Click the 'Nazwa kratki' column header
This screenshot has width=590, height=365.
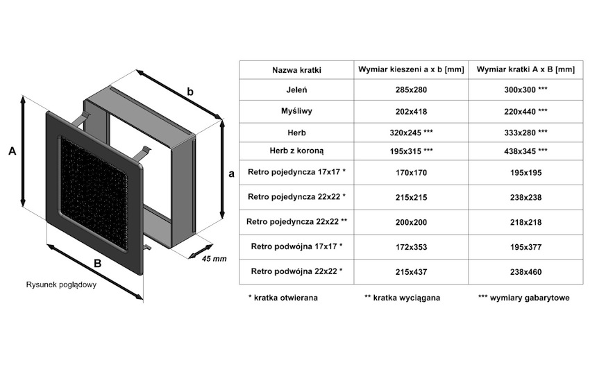(x=296, y=70)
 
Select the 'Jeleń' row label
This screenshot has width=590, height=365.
(x=296, y=90)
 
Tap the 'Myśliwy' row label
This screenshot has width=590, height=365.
(x=296, y=111)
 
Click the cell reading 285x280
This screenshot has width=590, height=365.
(x=411, y=90)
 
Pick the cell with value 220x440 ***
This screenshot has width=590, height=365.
(x=525, y=111)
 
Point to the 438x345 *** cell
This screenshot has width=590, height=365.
(x=525, y=151)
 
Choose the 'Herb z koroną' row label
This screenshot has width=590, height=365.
(x=296, y=151)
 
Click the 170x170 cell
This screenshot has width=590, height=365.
(x=411, y=172)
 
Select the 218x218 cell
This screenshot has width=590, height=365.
(x=525, y=222)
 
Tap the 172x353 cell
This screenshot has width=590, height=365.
(x=411, y=246)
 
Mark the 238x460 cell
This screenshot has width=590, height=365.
(x=525, y=271)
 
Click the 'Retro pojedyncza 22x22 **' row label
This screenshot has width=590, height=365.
(x=296, y=222)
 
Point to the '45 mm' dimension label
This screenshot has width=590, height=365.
(x=214, y=259)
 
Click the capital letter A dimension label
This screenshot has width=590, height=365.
(x=12, y=151)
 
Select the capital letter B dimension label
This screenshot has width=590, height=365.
(x=98, y=263)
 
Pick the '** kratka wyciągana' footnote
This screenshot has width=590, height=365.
(x=402, y=298)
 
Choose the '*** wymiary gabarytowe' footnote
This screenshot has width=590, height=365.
(x=524, y=298)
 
